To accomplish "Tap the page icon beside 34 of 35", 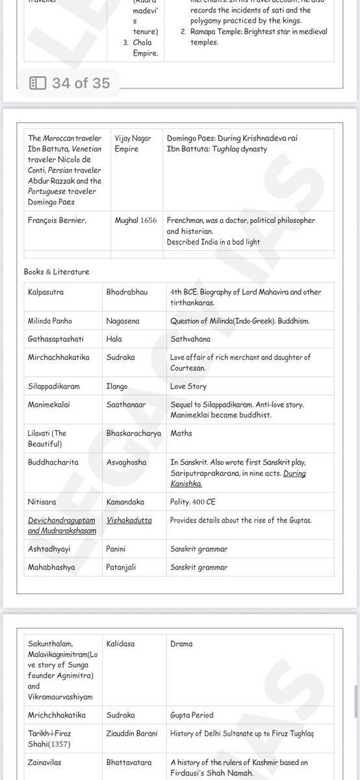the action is point(38,83).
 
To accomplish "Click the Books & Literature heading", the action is point(57,272).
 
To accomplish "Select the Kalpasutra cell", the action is point(47,292).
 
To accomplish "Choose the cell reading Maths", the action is point(181,433).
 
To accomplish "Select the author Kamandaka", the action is point(125,502).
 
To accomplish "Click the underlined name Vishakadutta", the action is point(129,520).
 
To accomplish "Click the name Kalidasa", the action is point(121,643).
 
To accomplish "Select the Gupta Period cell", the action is point(192,715).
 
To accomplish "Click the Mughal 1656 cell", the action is point(136,220).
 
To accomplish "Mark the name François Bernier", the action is point(57,220).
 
